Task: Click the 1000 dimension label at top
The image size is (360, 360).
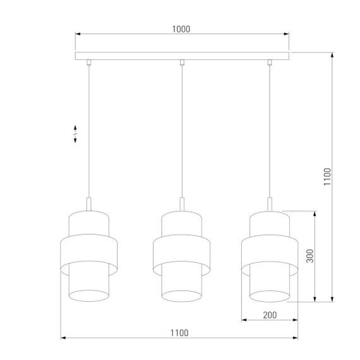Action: click(x=181, y=28)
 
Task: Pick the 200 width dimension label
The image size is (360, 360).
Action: click(x=270, y=314)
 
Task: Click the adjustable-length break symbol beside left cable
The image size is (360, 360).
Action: click(x=76, y=134)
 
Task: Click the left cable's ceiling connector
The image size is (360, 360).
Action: click(x=90, y=63)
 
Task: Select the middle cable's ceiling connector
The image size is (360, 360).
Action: click(x=181, y=63)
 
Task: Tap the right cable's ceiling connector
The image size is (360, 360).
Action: click(x=270, y=63)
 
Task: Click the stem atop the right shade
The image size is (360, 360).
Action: click(x=270, y=204)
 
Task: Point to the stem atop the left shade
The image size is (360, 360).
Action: click(x=90, y=204)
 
